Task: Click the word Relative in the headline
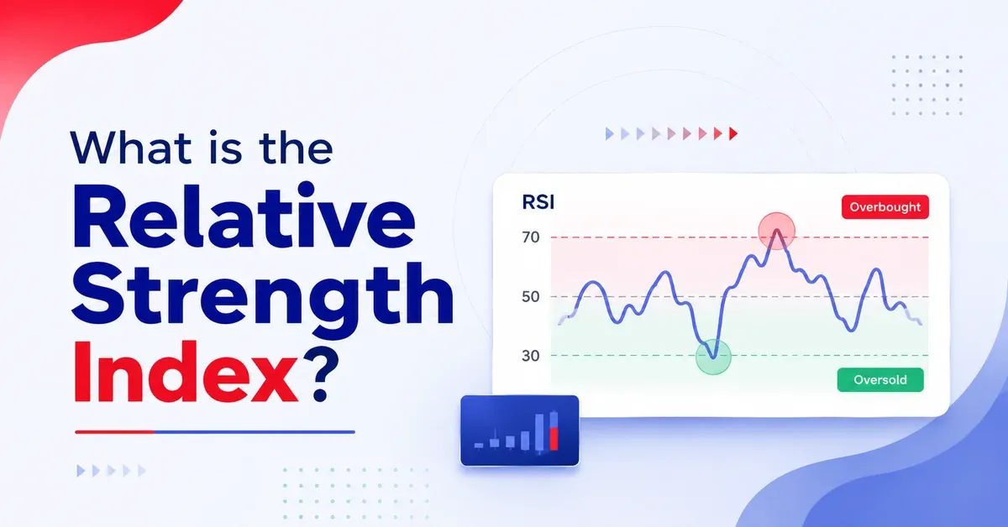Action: click(244, 216)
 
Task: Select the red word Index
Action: click(185, 372)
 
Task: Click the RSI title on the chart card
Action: click(538, 202)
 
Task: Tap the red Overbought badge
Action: click(885, 206)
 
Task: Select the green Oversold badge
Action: click(880, 380)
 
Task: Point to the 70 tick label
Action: click(531, 237)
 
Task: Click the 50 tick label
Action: click(531, 297)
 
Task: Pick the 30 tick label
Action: click(531, 356)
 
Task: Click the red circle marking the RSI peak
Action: click(777, 231)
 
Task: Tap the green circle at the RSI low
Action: click(713, 357)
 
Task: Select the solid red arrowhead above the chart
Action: click(733, 133)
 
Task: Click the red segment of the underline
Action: click(115, 432)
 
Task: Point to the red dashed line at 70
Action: click(740, 237)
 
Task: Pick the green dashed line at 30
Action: click(740, 356)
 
